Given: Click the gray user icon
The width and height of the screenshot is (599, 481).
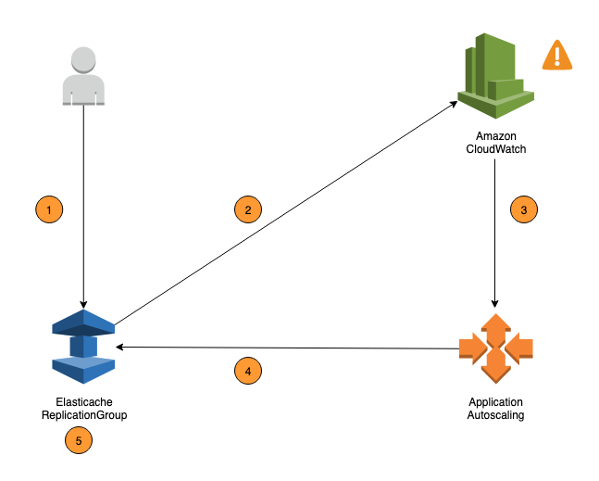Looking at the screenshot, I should tap(84, 75).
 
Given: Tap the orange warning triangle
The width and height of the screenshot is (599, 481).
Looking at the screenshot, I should tap(556, 56).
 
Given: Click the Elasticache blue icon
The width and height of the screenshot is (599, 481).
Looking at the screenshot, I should tap(83, 346).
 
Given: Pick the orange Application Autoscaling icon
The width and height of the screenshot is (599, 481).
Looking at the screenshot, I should tap(496, 348).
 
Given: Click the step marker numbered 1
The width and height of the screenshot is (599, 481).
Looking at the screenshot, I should tap(48, 210).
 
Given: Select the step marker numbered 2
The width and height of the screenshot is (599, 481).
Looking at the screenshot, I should tap(247, 210).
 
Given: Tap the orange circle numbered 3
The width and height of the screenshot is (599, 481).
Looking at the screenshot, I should tap(524, 210).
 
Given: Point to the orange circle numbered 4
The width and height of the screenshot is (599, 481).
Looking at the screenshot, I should tap(247, 372).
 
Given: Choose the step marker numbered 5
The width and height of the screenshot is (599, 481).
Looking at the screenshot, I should tap(79, 441).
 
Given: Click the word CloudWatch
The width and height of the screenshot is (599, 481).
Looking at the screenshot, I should tap(496, 148).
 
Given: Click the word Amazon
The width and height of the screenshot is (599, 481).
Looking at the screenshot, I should tap(496, 135).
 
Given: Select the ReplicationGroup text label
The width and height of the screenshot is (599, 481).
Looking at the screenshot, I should tap(84, 416).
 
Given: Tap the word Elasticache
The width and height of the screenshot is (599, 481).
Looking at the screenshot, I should tap(84, 403).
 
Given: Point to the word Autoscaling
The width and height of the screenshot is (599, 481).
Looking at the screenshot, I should tap(496, 416).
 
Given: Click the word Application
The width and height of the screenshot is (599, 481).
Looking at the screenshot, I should tap(496, 402).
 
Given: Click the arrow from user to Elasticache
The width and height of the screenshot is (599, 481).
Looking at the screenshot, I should tap(84, 250).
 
